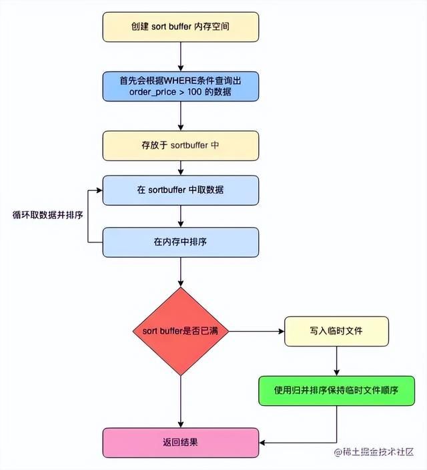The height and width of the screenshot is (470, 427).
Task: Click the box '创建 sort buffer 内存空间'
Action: click(180, 26)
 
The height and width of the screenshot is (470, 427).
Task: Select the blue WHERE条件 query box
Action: click(180, 86)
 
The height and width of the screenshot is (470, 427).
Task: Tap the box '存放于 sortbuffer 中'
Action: click(180, 145)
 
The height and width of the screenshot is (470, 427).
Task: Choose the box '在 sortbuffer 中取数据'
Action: click(180, 190)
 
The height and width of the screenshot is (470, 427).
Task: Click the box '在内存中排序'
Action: click(180, 242)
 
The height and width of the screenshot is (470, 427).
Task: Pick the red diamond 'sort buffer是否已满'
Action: click(180, 331)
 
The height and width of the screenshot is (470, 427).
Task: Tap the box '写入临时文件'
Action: click(336, 331)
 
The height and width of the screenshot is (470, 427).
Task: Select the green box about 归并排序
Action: click(336, 390)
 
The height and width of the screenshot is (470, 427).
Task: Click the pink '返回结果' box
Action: click(180, 443)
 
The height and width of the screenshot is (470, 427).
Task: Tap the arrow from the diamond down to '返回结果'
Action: click(180, 401)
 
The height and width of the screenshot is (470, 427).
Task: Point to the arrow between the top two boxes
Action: click(180, 56)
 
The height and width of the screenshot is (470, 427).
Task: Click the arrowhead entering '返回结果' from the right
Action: click(263, 443)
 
